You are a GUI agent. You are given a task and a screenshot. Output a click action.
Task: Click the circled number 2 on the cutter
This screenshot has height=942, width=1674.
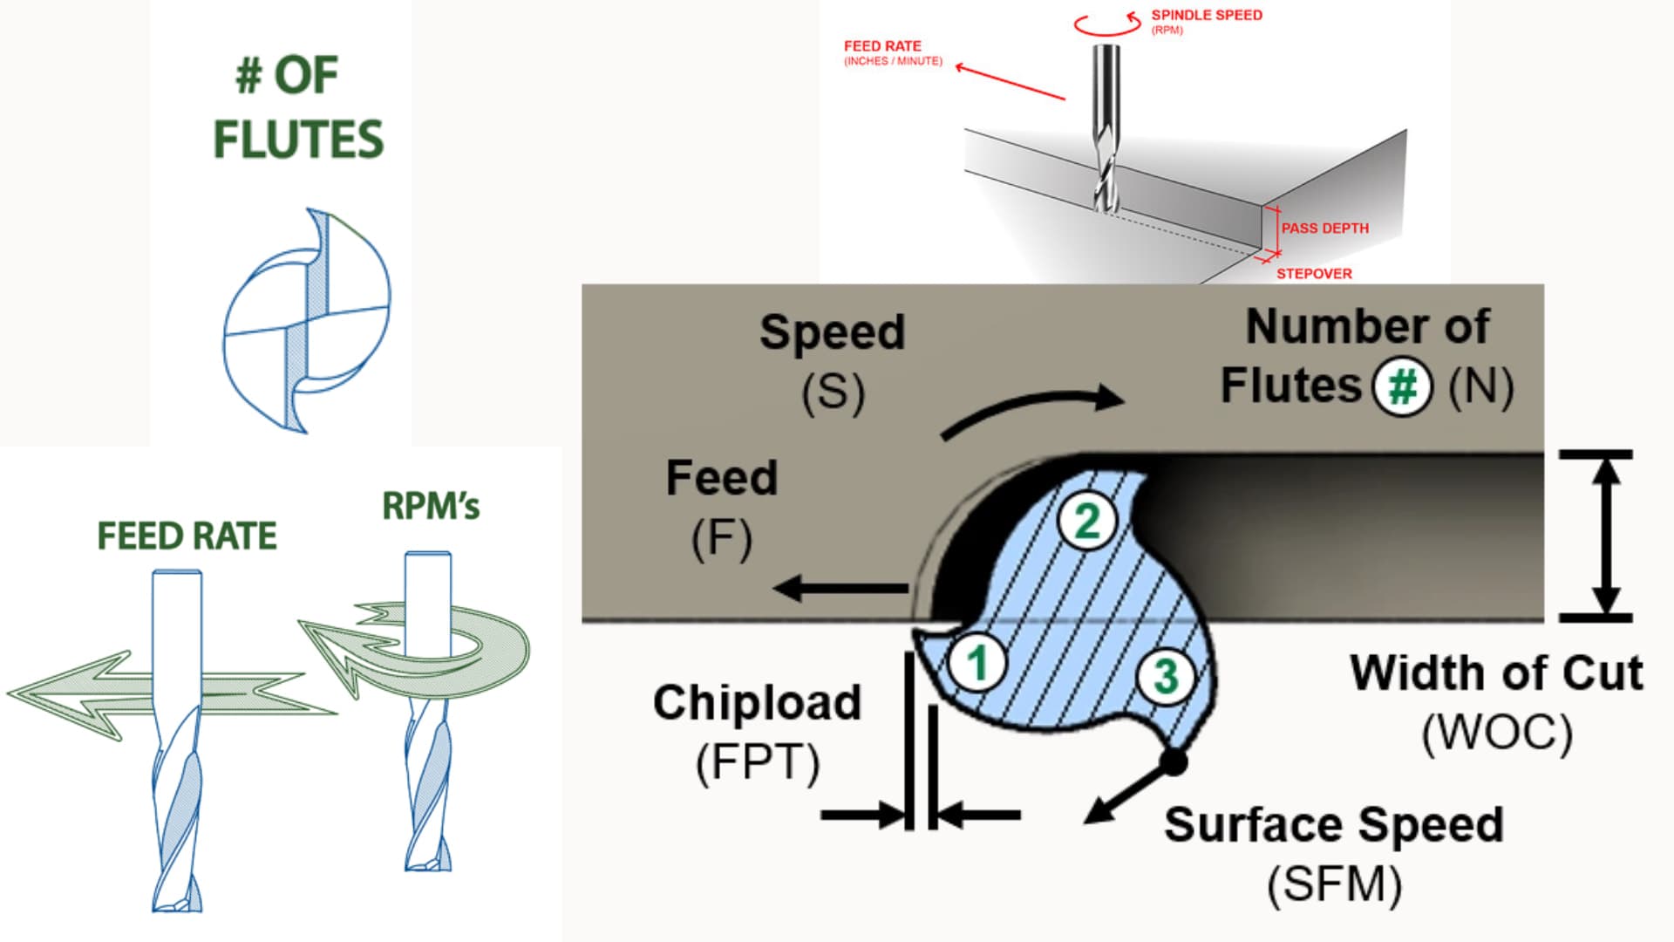1087,521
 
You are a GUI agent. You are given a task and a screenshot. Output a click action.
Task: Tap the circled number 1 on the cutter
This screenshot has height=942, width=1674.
977,662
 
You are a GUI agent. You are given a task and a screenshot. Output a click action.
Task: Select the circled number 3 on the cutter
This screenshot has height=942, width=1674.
1166,676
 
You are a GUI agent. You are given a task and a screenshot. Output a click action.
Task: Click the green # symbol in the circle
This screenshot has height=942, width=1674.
1403,386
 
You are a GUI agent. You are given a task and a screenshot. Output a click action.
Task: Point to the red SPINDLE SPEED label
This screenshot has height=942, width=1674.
1206,16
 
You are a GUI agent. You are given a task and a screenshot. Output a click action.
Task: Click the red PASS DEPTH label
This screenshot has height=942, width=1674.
1324,229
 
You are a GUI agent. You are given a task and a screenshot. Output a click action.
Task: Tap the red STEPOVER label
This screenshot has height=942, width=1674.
1314,274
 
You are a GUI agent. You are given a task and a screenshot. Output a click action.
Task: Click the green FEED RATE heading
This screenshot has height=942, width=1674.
187,536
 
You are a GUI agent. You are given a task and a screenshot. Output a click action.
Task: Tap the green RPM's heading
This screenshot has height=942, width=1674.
431,506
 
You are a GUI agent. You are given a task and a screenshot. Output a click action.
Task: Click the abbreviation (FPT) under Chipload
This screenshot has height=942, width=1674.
758,762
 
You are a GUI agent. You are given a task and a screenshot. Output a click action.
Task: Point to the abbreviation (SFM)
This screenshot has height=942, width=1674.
1334,884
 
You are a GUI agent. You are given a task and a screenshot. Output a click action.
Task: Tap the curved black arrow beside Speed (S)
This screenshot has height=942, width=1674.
1033,408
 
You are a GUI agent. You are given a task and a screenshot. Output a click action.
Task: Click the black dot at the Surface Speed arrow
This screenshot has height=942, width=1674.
1174,762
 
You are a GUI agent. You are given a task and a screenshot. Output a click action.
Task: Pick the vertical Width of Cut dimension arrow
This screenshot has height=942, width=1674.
1605,536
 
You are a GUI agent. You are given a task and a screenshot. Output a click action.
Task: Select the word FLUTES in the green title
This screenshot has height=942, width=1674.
298,140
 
